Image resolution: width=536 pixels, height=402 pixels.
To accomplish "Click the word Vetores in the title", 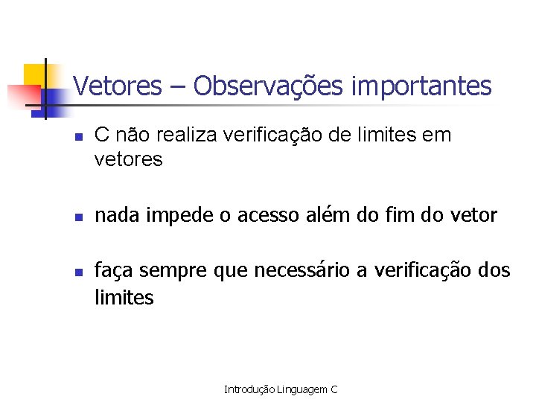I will click(118, 86).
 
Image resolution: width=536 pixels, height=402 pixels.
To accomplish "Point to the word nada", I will click(118, 216).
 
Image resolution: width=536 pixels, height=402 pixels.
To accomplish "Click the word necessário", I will click(302, 271).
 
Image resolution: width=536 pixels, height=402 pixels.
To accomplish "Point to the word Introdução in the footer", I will click(250, 389).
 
